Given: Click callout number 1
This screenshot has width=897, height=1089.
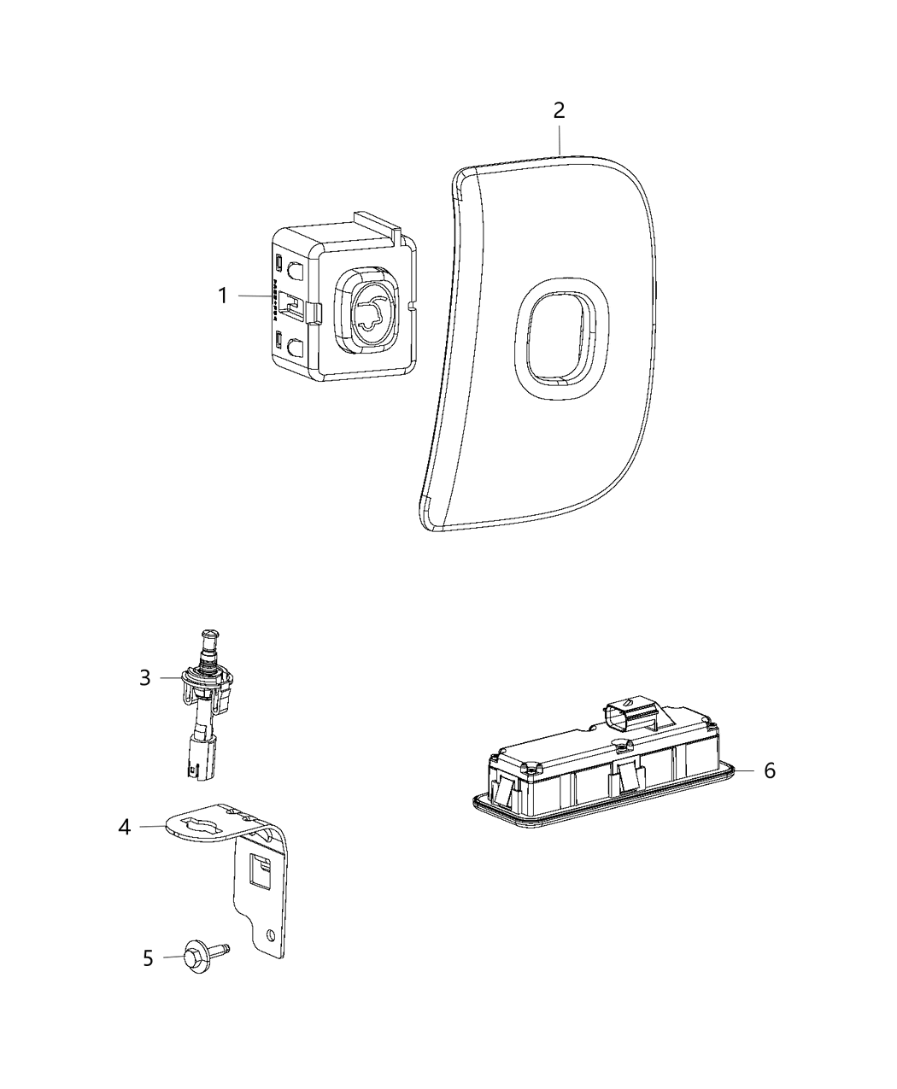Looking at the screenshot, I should coord(222,296).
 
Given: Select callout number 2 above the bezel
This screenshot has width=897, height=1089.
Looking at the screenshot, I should coord(559,110).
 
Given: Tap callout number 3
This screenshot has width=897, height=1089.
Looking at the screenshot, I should coord(145,677).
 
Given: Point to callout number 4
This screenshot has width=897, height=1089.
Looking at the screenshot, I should coord(126,827).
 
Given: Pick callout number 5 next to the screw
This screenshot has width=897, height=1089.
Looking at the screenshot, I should coord(148,958).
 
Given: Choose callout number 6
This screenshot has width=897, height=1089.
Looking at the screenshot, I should coord(770,770).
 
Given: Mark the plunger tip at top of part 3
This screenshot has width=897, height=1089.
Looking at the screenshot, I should coord(208,635).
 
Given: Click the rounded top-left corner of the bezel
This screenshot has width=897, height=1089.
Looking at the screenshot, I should coord(460,176).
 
